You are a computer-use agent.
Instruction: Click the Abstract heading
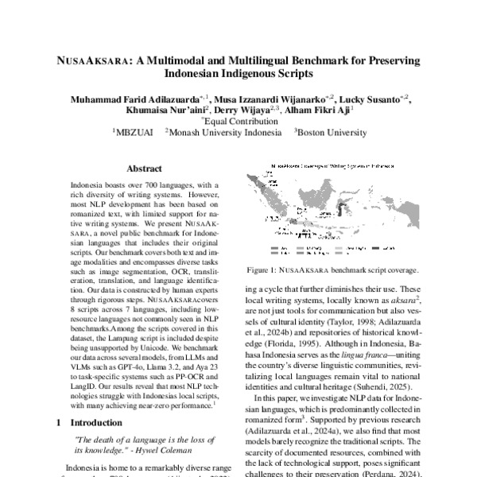coord(145,169)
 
